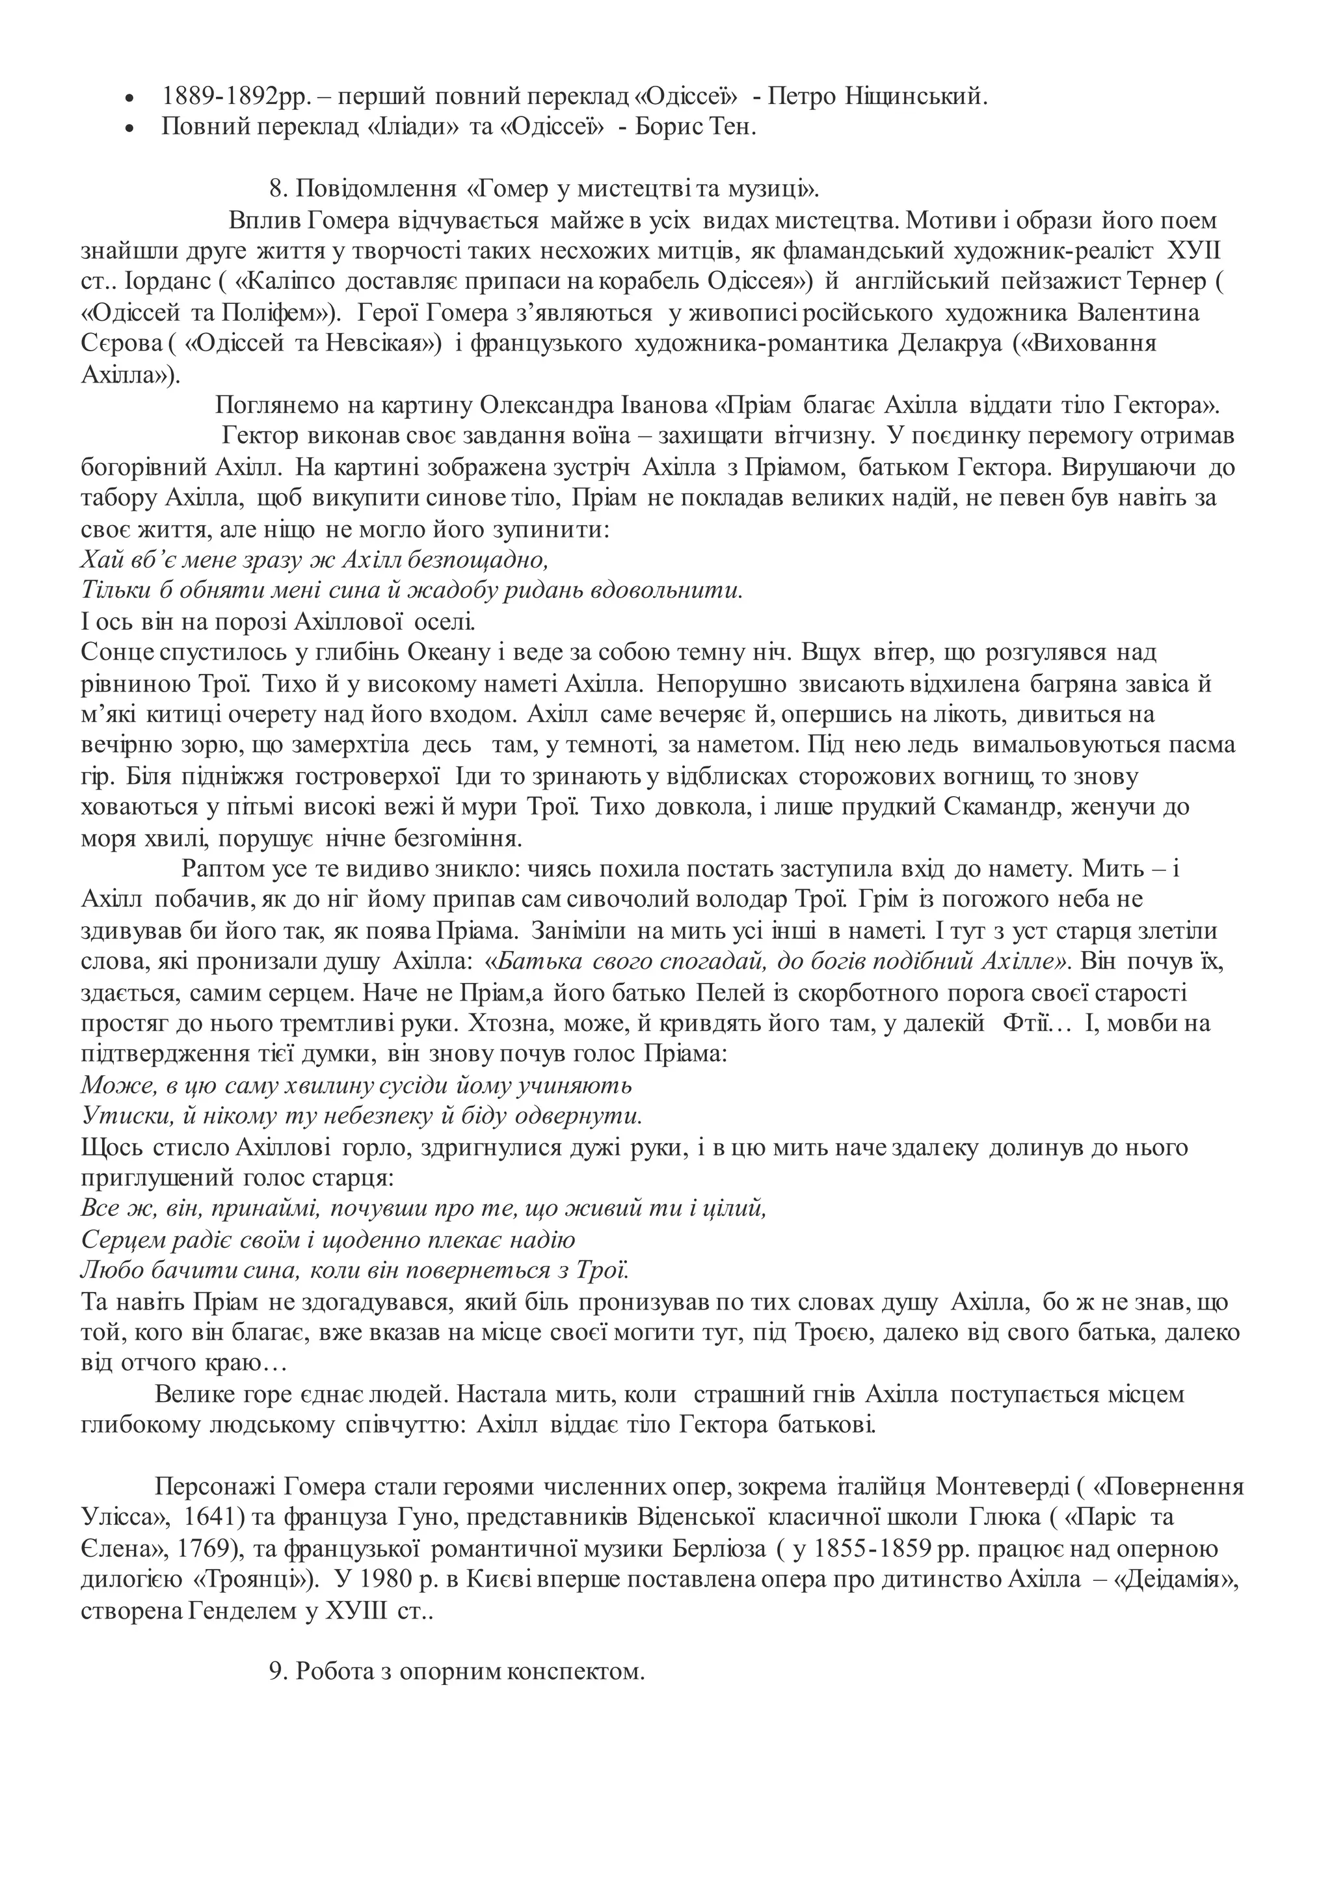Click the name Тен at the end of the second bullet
click(732, 128)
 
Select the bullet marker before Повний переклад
click(128, 129)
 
